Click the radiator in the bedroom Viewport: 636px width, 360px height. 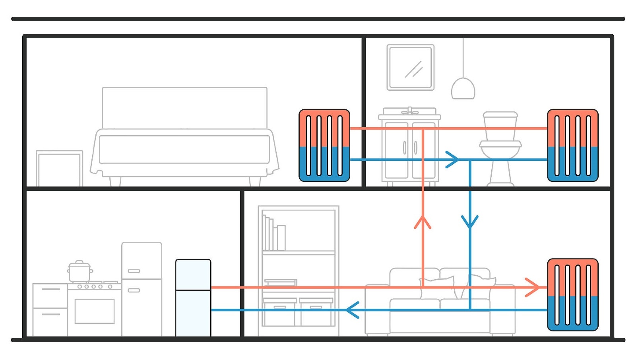[x=324, y=145]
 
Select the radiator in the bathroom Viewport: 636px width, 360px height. [x=572, y=145]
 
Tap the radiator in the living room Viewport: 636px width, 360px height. [x=572, y=294]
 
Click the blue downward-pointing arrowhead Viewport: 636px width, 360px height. [x=470, y=222]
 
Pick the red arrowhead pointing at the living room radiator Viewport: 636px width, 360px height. [x=533, y=287]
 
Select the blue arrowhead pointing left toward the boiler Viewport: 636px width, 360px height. [x=352, y=310]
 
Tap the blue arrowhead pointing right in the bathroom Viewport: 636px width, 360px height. [x=452, y=160]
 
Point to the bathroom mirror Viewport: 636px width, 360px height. [x=411, y=67]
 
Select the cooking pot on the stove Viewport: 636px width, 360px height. [x=79, y=272]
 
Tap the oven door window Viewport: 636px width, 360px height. [x=94, y=311]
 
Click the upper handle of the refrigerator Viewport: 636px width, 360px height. [x=134, y=271]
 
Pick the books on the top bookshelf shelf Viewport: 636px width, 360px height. [x=273, y=235]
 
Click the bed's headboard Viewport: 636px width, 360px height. [x=184, y=107]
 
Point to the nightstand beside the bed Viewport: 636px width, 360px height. [x=59, y=168]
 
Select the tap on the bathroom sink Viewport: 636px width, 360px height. [x=409, y=110]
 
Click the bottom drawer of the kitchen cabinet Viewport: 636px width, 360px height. [x=50, y=322]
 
